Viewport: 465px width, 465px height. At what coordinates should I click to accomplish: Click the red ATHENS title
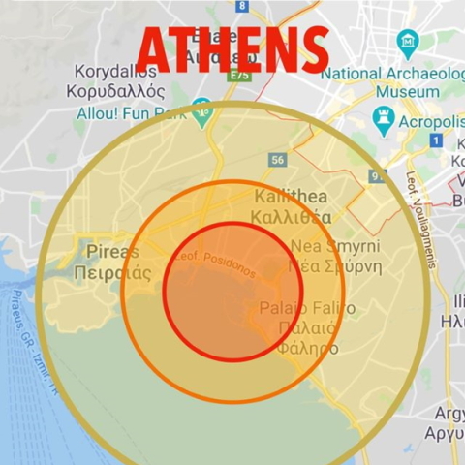pos(232,48)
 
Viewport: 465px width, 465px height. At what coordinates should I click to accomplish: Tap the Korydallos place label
pos(116,72)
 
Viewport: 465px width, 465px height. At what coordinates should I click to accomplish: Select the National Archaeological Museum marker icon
pos(408,42)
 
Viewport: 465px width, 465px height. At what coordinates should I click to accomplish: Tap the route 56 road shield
pos(279,160)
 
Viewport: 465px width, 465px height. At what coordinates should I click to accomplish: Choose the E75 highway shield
pos(241,75)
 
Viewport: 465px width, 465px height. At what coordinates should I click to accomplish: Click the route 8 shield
pos(241,6)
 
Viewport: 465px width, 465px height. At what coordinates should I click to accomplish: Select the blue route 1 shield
pos(436,141)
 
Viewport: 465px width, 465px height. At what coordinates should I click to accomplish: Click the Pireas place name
pos(113,252)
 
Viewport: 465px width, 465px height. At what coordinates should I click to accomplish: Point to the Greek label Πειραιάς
pos(112,272)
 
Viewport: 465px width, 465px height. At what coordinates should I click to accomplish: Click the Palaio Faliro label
pos(307,308)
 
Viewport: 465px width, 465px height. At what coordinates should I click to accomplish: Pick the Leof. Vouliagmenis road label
pos(424,218)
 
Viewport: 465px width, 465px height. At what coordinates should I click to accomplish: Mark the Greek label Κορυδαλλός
pos(115,91)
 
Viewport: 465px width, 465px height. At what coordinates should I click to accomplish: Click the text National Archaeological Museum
pos(391,81)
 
